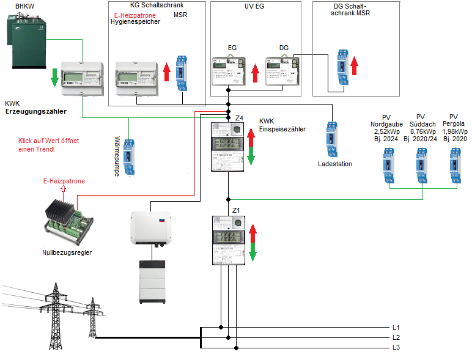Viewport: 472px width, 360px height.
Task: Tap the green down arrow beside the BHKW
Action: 54,76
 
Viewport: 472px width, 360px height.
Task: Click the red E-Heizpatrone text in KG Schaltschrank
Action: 135,15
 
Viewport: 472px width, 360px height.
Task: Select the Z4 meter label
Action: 239,117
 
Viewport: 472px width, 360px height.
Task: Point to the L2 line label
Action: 396,337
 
